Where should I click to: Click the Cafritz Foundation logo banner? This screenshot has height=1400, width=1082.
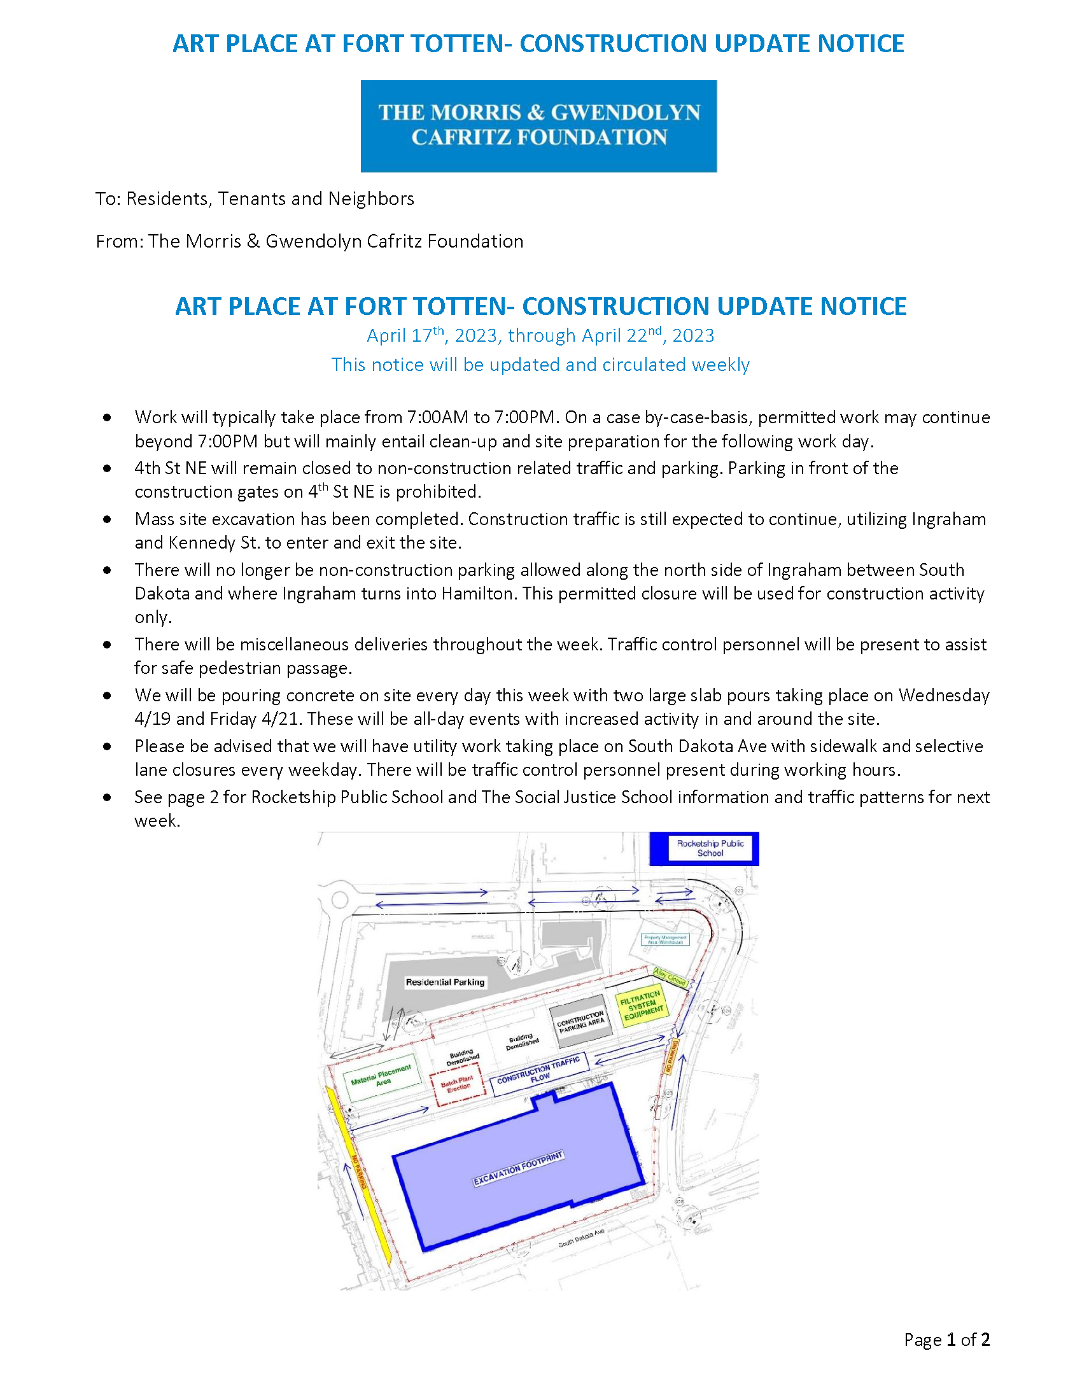point(538,125)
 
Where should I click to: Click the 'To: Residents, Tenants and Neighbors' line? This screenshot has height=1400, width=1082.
point(255,199)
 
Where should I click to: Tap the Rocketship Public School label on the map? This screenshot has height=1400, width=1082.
point(710,848)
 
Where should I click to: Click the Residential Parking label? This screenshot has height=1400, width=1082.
point(445,982)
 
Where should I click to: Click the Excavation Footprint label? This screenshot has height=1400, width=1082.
point(518,1168)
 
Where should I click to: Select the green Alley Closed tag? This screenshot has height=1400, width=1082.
point(670,977)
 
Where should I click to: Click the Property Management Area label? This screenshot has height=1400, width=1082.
point(665,940)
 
